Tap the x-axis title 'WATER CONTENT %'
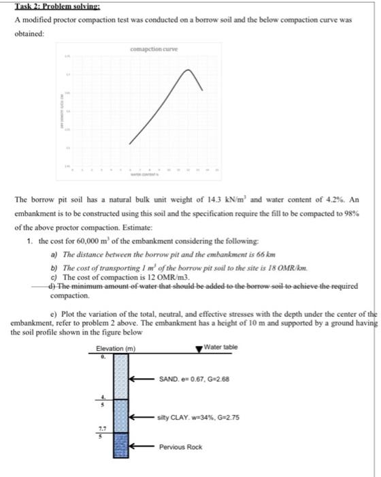(145, 176)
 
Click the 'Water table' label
(223, 347)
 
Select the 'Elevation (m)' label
(116, 348)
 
